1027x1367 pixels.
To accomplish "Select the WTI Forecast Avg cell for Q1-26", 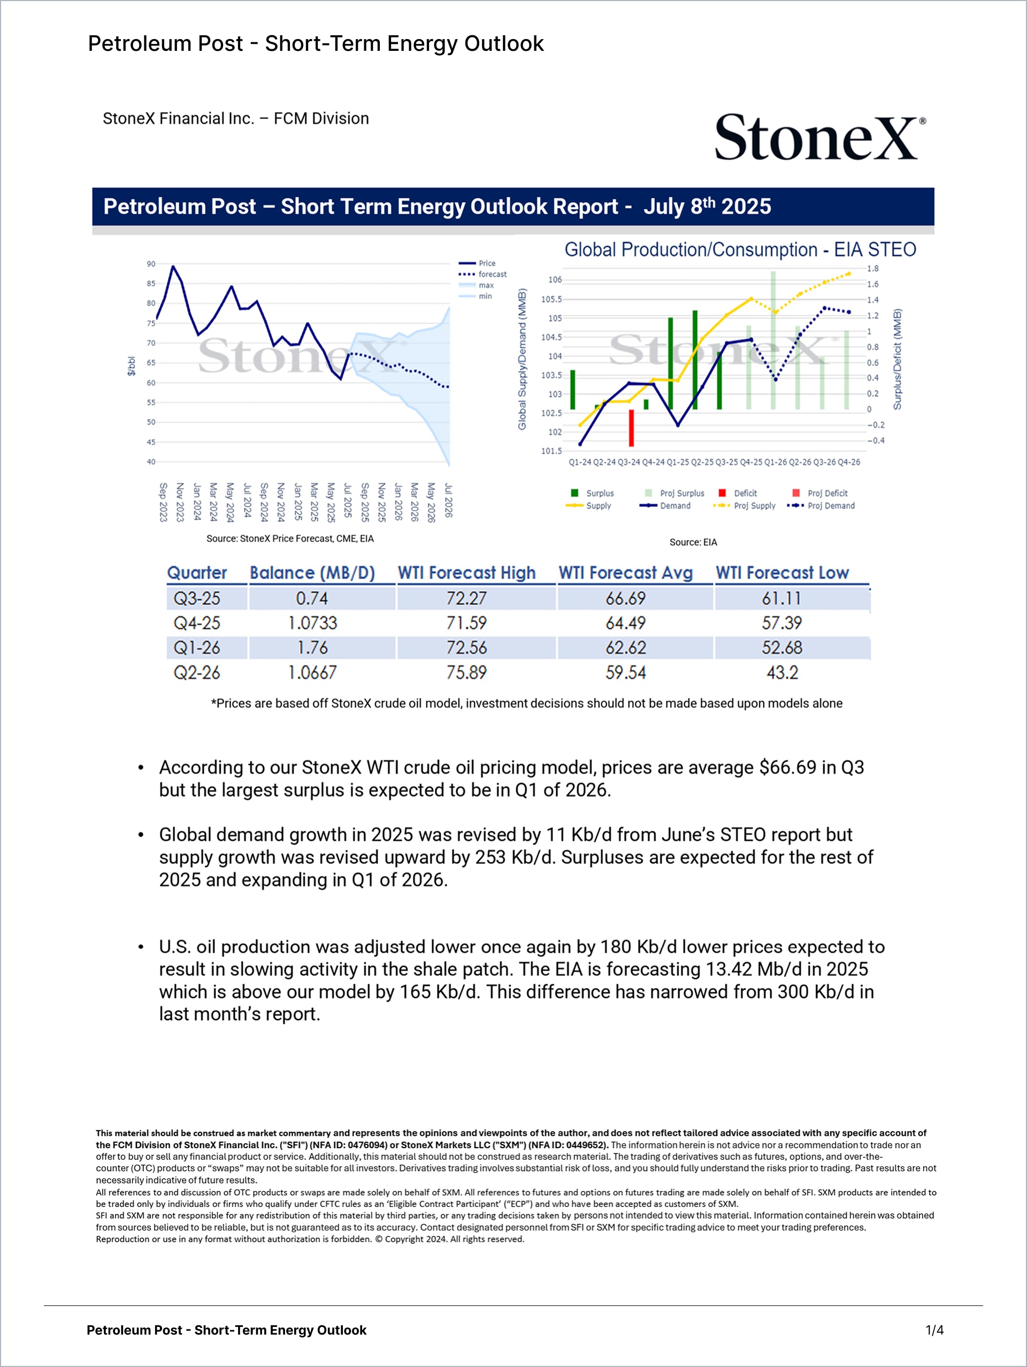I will (626, 648).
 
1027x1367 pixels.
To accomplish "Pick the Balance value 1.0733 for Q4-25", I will (312, 623).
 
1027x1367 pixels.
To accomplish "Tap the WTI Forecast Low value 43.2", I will (782, 672).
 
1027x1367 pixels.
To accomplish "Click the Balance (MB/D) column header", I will (312, 573).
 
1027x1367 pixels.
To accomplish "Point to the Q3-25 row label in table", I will (197, 598).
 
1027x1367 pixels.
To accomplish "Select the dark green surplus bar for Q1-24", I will (572, 389).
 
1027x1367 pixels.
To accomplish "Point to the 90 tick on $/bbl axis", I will (151, 264).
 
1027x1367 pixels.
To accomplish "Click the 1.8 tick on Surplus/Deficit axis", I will (872, 269).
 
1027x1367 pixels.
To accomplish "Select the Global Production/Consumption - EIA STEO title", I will (740, 249).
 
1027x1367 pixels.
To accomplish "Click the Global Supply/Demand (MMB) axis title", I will (523, 359).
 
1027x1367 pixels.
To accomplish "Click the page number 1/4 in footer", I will (934, 1330).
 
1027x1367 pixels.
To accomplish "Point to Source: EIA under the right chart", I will (693, 542).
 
